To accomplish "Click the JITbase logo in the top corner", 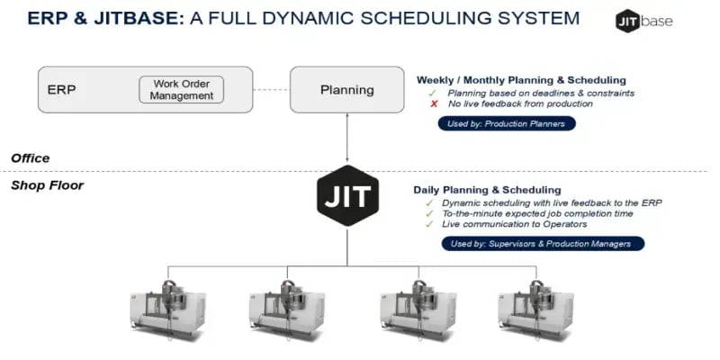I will click(x=643, y=21).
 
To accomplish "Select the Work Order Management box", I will click(x=181, y=90).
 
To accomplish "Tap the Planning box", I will click(x=346, y=89).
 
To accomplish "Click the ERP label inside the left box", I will click(x=62, y=90).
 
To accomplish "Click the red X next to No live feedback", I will click(x=433, y=104).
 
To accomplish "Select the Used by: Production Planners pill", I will click(x=506, y=124).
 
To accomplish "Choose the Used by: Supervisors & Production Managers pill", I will click(x=543, y=244).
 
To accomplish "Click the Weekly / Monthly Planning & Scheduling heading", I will click(x=521, y=80).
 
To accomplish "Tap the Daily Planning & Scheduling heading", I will click(x=487, y=190).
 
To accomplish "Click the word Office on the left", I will click(x=30, y=158).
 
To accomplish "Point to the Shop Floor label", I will click(x=47, y=185).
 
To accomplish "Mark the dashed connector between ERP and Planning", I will click(x=271, y=90).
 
